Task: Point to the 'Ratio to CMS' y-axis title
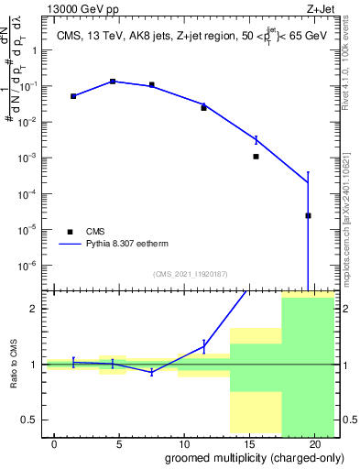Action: pyautogui.click(x=13, y=364)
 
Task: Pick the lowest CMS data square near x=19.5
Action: pyautogui.click(x=309, y=216)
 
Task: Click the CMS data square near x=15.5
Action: pyautogui.click(x=256, y=157)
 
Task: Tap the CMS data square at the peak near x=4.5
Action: pyautogui.click(x=113, y=82)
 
